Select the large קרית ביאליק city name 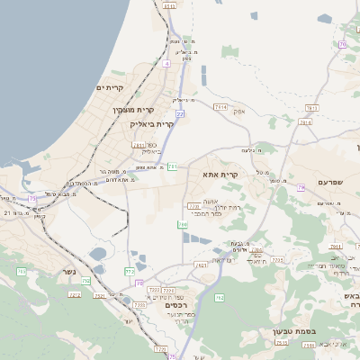point(152,123)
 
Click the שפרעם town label point(330,182)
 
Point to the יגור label point(128,320)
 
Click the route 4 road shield point(166,64)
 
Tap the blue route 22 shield point(180,114)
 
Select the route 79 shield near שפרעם point(301,187)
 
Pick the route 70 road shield point(342,44)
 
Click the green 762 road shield point(219,297)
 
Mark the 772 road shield point(129,270)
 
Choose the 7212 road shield point(75,294)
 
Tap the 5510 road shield point(170,5)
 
